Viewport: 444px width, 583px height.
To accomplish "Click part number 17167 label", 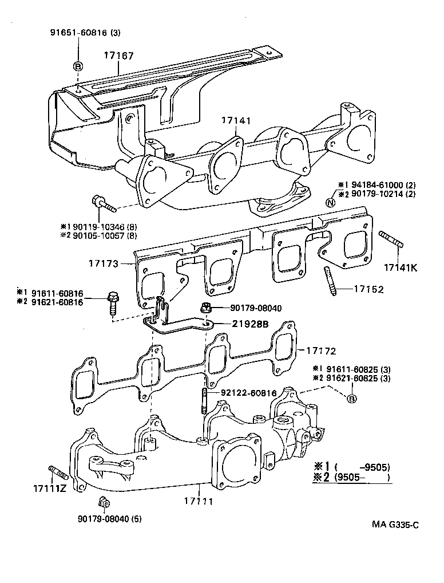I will point(118,56).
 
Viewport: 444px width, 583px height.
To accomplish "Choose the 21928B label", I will point(250,324).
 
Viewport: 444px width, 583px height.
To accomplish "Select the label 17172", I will point(320,350).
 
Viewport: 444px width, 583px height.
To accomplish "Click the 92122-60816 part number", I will point(248,393).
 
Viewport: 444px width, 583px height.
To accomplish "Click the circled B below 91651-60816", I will point(78,66).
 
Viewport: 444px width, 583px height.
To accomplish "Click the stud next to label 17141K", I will point(391,239).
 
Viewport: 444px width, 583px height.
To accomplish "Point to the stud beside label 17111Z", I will point(59,472).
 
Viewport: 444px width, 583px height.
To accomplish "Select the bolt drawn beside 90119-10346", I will point(102,203).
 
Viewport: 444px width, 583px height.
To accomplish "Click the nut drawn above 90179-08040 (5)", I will point(104,503).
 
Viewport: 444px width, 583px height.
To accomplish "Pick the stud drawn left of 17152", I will point(331,282).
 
